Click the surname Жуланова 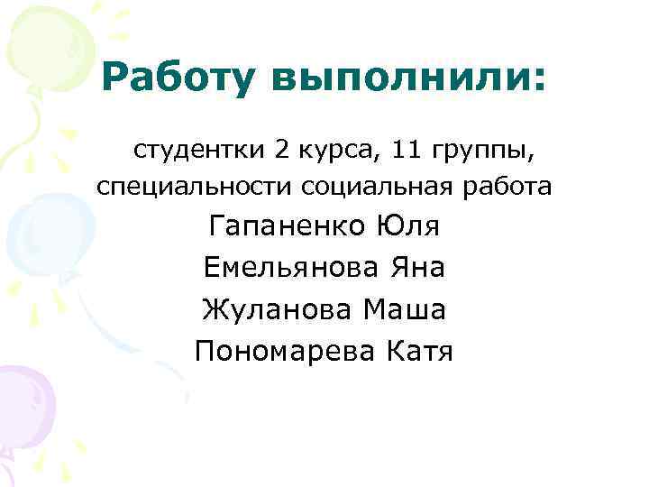click(x=275, y=309)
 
